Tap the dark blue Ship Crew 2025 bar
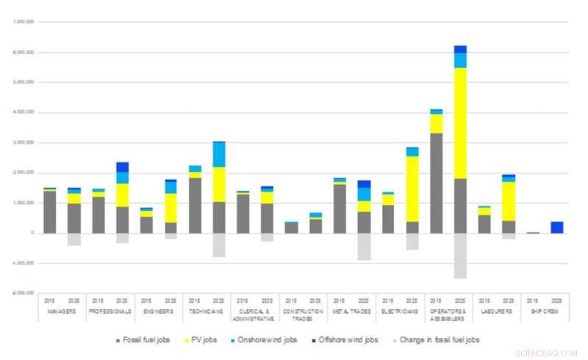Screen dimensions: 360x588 pos(557,227)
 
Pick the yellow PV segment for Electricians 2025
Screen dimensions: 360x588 pos(412,188)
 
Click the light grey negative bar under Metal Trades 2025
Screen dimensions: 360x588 pos(364,246)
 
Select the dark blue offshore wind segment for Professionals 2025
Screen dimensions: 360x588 pos(123,167)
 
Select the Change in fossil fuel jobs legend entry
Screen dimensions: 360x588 pos(439,339)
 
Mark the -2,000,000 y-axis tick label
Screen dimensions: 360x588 pos(22,292)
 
